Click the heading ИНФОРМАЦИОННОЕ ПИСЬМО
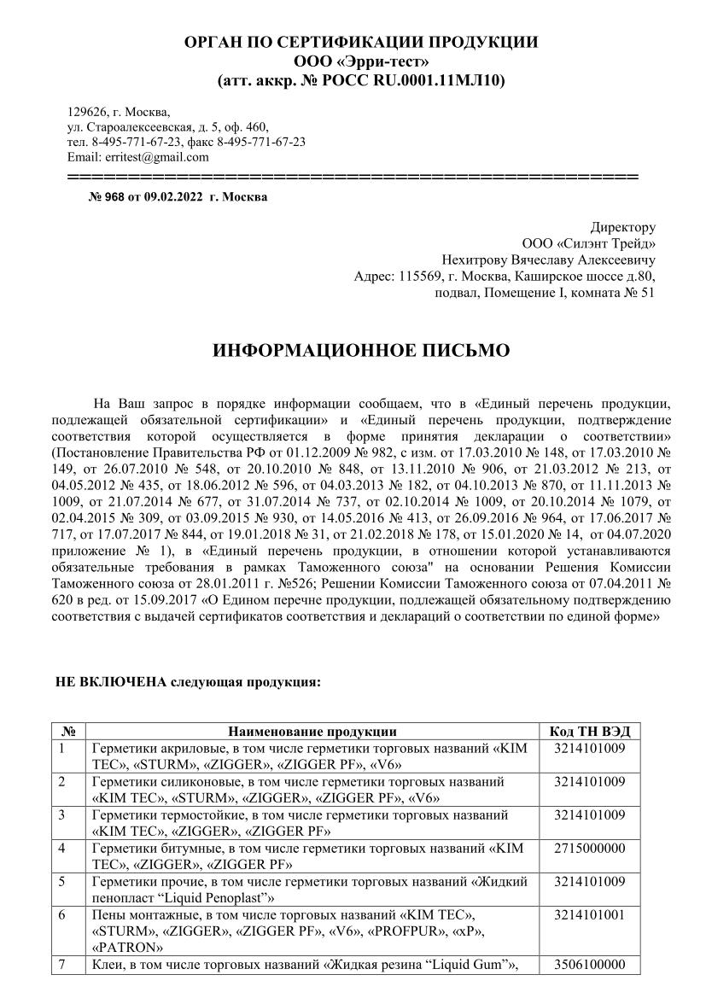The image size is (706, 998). tap(353, 350)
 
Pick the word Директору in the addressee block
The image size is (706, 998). tap(623, 227)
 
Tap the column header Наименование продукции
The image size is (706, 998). tap(312, 731)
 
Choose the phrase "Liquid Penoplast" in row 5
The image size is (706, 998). tap(195, 897)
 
